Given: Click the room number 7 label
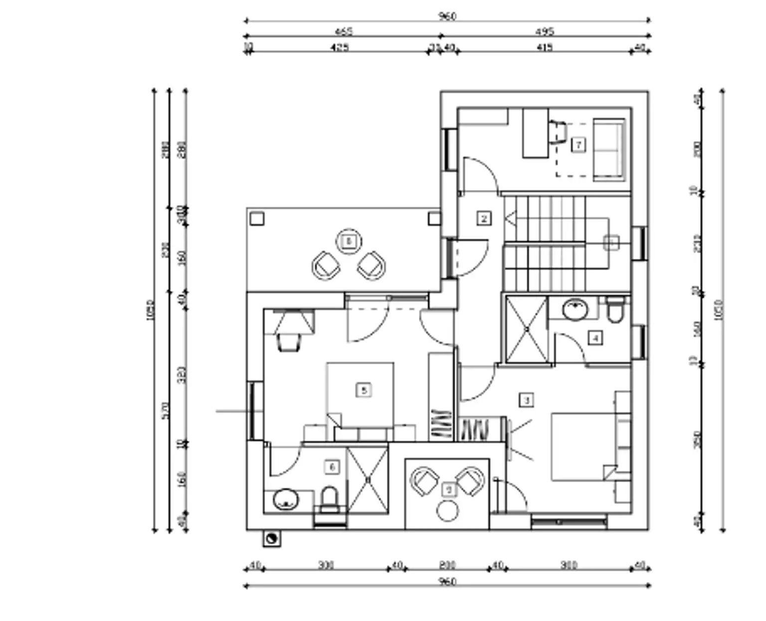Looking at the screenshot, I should [x=578, y=145].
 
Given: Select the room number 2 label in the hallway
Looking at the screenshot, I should [x=483, y=218].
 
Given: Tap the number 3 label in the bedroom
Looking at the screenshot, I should [x=526, y=400].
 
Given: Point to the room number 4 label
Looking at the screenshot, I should [x=595, y=338].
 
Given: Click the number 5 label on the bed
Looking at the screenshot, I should [x=364, y=390].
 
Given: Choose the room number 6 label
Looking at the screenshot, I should [x=332, y=467].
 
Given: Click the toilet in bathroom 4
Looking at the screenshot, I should [x=615, y=310].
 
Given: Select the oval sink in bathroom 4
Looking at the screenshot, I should [x=576, y=309].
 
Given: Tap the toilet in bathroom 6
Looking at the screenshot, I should [x=329, y=500].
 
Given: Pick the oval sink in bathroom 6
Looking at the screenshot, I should [x=285, y=499].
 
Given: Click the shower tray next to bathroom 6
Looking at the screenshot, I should [x=368, y=479].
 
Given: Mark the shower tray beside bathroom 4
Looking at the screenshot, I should [x=527, y=329].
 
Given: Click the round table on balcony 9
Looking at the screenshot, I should [x=447, y=511].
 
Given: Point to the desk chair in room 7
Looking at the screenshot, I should [x=559, y=133].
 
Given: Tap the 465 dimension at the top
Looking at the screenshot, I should [x=343, y=32].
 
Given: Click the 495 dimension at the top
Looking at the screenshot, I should [x=545, y=32].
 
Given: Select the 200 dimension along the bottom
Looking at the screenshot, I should [x=447, y=565].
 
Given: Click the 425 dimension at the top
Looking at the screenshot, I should [x=340, y=47].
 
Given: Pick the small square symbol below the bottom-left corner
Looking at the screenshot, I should [x=271, y=538].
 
